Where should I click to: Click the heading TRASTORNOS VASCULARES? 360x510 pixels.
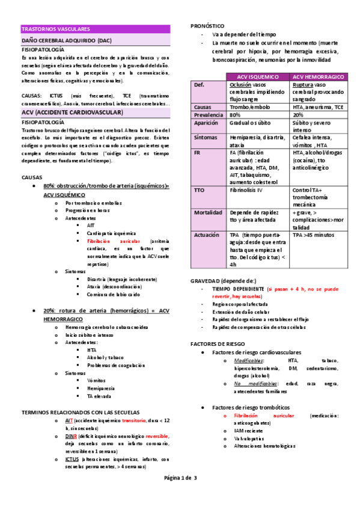click(x=55, y=28)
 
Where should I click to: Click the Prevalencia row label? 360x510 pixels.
click(x=209, y=115)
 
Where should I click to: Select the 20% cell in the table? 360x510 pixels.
click(x=298, y=115)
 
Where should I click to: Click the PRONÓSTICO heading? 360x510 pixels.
click(x=207, y=26)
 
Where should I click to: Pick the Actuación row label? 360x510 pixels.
click(x=209, y=235)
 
